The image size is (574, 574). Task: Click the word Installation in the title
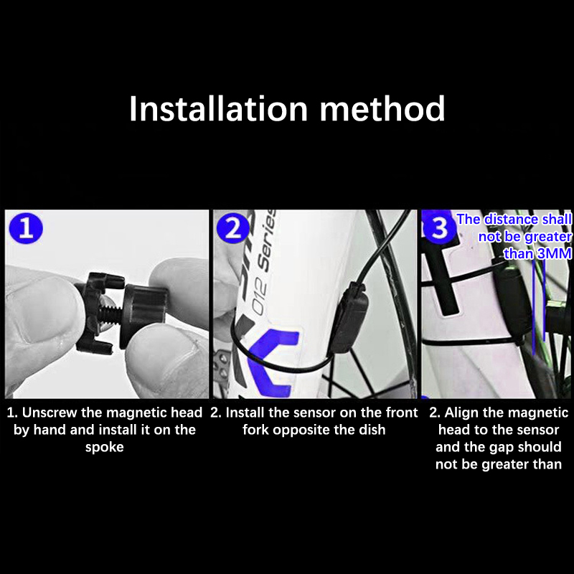click(x=218, y=108)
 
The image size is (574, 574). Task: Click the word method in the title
click(x=382, y=108)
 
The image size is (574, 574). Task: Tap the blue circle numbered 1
click(x=26, y=228)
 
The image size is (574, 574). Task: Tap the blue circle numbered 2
click(x=233, y=228)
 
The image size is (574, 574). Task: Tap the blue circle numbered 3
click(x=439, y=227)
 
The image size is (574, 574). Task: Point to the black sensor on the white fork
click(x=349, y=318)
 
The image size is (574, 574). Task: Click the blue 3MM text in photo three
click(x=554, y=253)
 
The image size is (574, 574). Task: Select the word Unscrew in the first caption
click(x=50, y=413)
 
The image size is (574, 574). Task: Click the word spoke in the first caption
click(x=104, y=447)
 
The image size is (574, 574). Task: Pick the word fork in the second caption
click(x=255, y=430)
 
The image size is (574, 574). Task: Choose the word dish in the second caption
click(x=372, y=430)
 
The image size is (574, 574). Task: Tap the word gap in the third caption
click(x=503, y=447)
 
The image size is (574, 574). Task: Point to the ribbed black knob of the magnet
click(x=144, y=315)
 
